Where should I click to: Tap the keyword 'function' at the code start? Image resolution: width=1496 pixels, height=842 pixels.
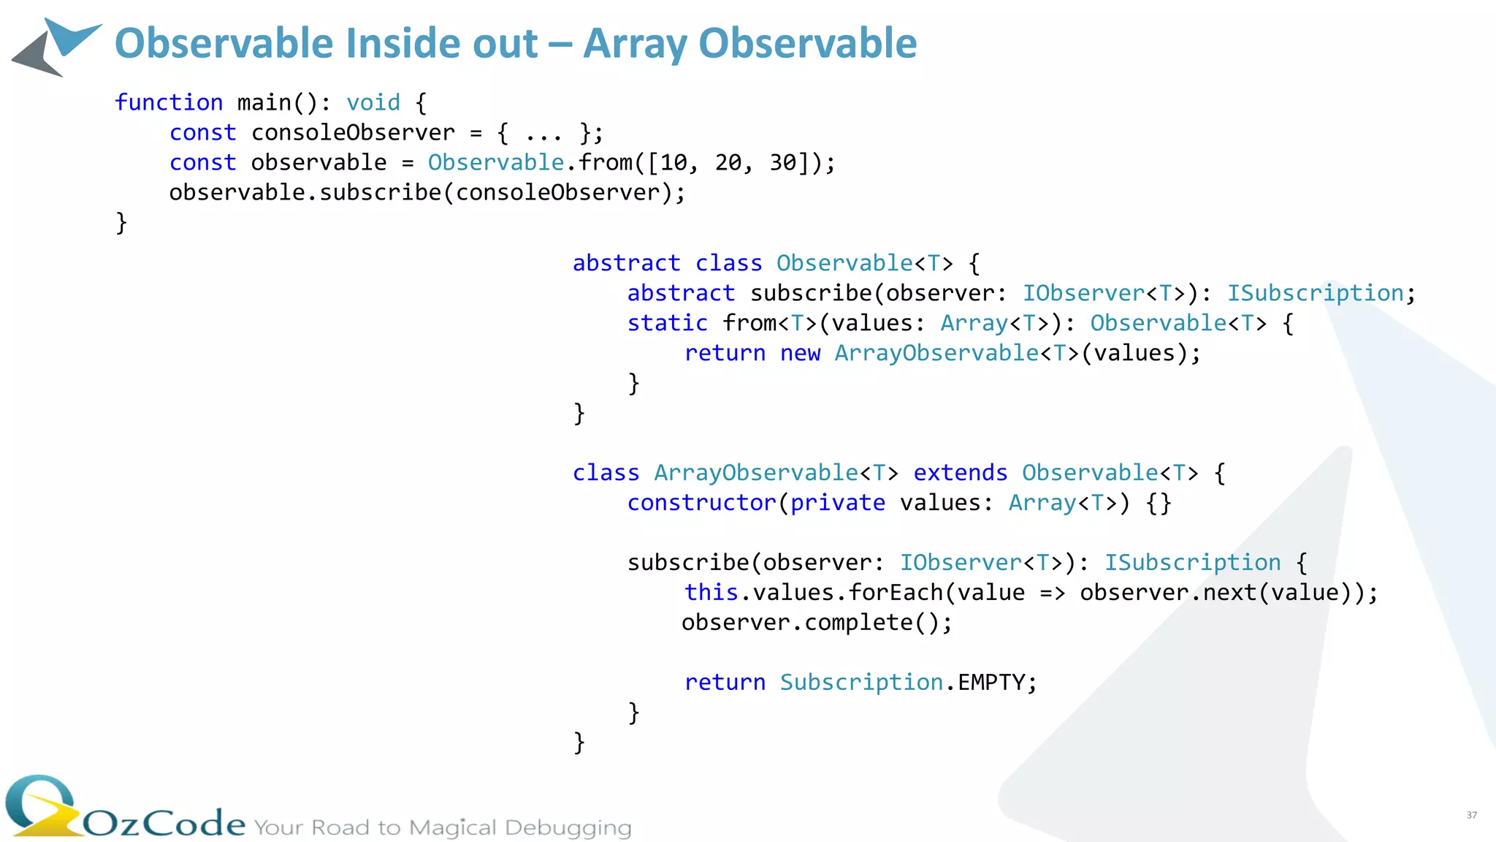169,102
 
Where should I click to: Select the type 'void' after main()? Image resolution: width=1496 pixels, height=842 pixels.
373,102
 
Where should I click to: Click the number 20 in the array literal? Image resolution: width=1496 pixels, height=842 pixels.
728,162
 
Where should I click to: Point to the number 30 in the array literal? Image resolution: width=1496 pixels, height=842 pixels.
783,162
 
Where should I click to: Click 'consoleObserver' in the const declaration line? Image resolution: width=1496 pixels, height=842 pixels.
353,133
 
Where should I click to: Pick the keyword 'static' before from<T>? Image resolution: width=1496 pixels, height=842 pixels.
668,323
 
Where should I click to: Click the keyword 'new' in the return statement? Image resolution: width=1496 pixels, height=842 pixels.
800,353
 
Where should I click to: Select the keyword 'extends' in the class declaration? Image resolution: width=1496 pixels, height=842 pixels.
960,473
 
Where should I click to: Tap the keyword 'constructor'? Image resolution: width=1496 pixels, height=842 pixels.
702,503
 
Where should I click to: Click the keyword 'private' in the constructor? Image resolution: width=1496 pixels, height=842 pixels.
838,503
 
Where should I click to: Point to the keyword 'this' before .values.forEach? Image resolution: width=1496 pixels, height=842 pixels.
711,593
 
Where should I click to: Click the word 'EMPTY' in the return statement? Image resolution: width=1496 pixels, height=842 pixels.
991,683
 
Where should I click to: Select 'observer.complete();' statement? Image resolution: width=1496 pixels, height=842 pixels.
817,623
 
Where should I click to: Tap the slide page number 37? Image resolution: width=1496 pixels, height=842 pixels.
1471,815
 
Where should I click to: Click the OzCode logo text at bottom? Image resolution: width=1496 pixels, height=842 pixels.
164,823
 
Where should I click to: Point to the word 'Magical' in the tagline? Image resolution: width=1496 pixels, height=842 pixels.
452,827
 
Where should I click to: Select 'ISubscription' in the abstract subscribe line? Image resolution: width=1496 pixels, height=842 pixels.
1315,293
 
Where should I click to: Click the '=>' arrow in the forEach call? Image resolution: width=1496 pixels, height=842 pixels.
1052,593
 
